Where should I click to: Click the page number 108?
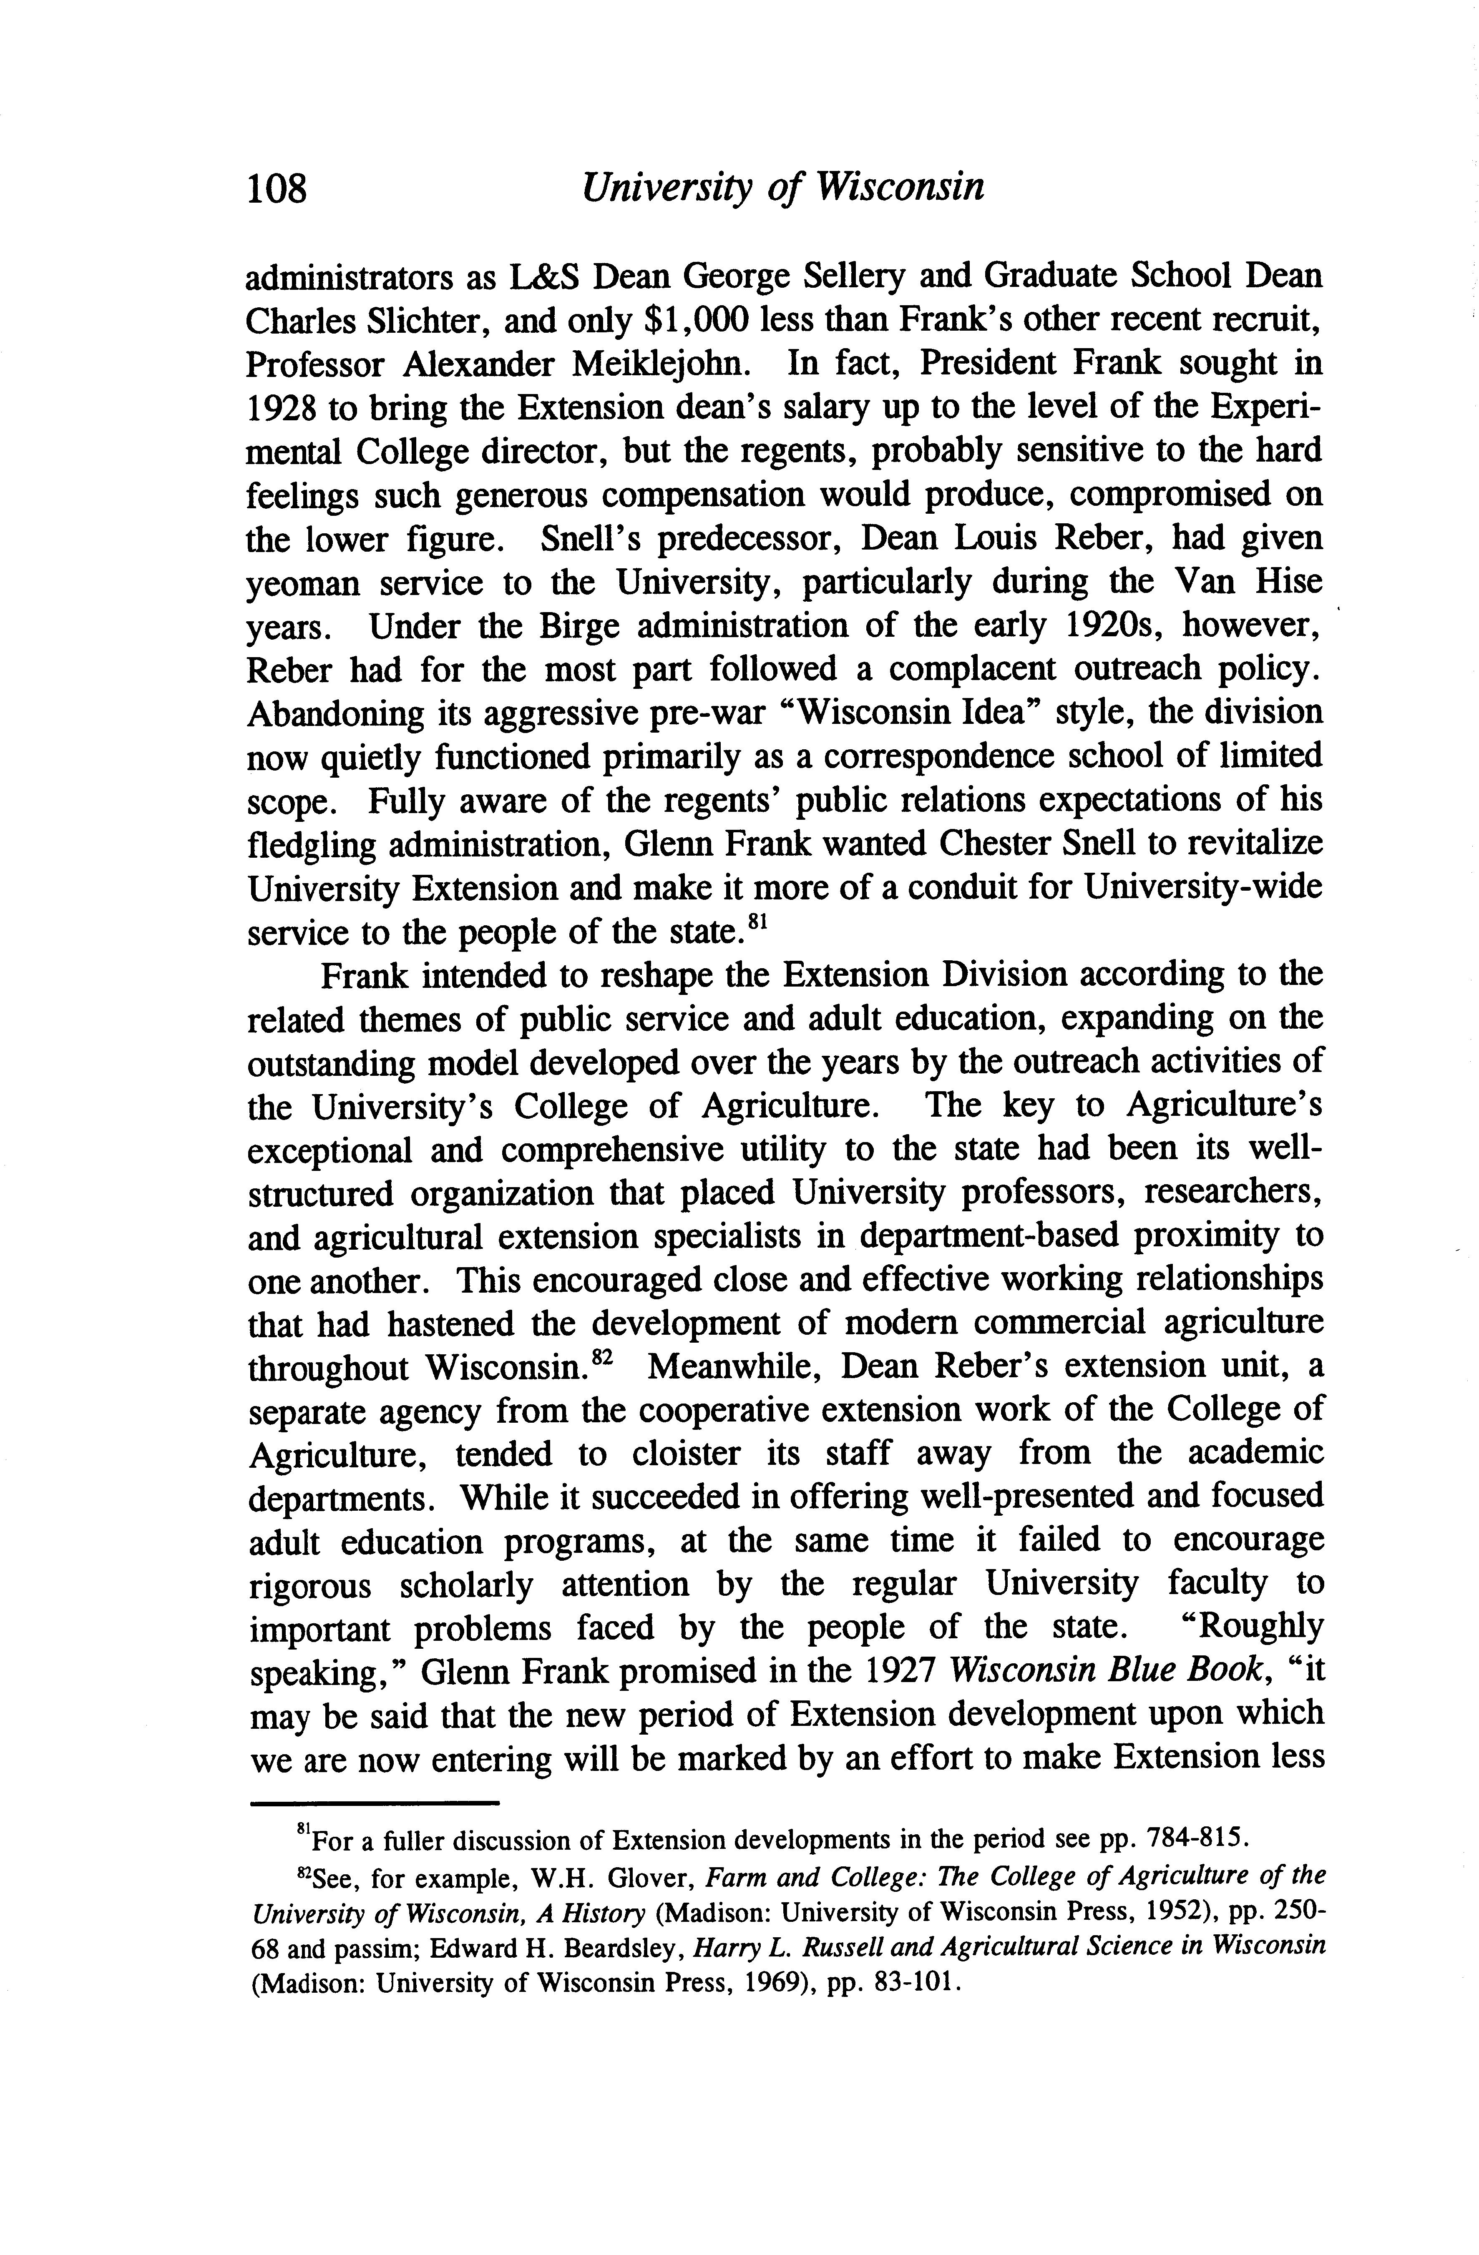pos(278,188)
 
